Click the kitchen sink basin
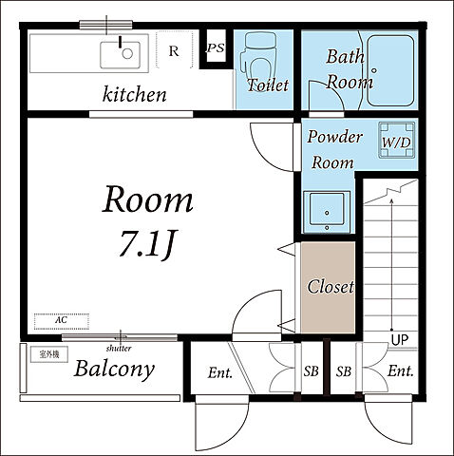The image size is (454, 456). click(120, 55)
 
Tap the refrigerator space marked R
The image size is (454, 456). click(174, 49)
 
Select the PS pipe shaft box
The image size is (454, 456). click(216, 48)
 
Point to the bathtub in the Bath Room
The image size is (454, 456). click(390, 71)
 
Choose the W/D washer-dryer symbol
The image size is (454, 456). click(397, 140)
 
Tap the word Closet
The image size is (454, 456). click(331, 287)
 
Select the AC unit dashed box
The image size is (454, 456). click(62, 321)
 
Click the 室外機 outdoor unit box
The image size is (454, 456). click(49, 354)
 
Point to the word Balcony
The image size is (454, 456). click(114, 369)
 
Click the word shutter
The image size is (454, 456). click(119, 349)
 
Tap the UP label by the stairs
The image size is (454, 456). click(400, 340)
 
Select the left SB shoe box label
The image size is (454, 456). click(311, 371)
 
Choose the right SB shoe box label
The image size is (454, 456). click(344, 371)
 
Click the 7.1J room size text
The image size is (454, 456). click(147, 244)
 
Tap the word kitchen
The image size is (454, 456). click(135, 94)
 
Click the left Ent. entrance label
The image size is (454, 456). click(220, 372)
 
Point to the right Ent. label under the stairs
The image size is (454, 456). click(401, 370)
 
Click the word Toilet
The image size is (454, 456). click(268, 85)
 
